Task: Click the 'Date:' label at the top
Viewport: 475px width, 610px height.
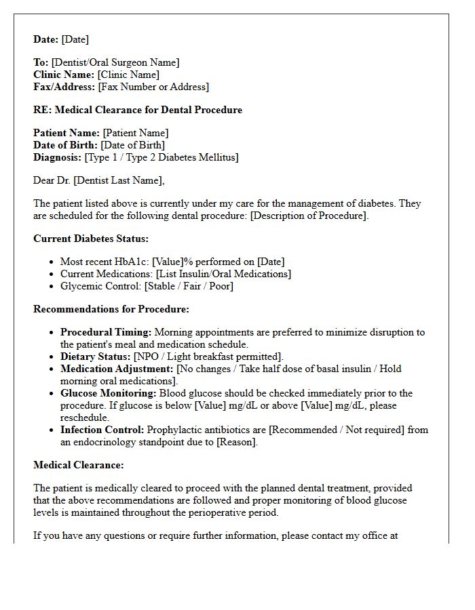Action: pyautogui.click(x=46, y=39)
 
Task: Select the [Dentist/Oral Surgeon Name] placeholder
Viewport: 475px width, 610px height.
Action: pyautogui.click(x=115, y=62)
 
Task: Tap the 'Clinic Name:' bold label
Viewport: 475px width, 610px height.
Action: pyautogui.click(x=64, y=75)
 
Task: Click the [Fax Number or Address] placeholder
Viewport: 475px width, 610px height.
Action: pyautogui.click(x=153, y=87)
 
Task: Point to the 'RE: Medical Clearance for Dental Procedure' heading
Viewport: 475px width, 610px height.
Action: pyautogui.click(x=138, y=110)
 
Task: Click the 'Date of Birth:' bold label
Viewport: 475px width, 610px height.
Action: pyautogui.click(x=66, y=145)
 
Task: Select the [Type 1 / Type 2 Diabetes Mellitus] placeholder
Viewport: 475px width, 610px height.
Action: pyautogui.click(x=161, y=157)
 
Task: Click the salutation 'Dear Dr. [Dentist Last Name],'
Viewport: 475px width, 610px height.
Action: pyautogui.click(x=99, y=180)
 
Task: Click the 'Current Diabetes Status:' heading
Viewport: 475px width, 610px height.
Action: pyautogui.click(x=91, y=239)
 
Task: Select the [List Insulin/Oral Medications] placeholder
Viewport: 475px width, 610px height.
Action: pyautogui.click(x=223, y=274)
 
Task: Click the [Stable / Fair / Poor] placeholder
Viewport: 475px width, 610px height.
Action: pyautogui.click(x=189, y=286)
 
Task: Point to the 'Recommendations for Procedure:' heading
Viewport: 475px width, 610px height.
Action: pyautogui.click(x=111, y=309)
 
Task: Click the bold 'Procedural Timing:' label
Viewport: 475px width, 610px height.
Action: pyautogui.click(x=106, y=332)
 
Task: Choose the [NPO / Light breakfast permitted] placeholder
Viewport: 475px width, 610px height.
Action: pyautogui.click(x=208, y=357)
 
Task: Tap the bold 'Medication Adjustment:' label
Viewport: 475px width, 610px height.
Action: pyautogui.click(x=117, y=369)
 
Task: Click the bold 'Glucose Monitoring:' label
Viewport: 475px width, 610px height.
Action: pyautogui.click(x=109, y=393)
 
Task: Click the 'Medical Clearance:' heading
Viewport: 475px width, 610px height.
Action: pyautogui.click(x=79, y=465)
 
